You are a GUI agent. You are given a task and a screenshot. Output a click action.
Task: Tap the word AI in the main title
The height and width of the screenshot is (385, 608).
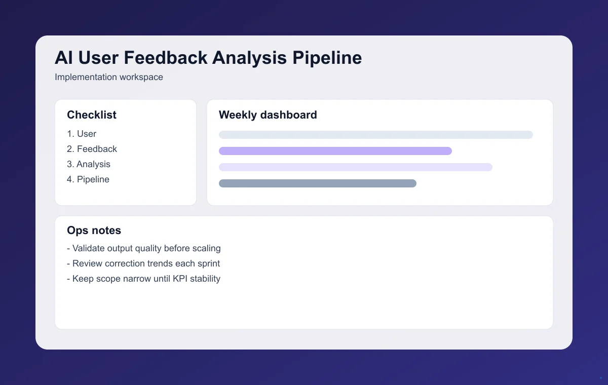point(63,58)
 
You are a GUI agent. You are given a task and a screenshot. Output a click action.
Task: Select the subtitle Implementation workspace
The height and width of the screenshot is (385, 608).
point(109,78)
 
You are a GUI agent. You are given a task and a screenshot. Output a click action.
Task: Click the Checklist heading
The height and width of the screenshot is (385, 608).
point(92,115)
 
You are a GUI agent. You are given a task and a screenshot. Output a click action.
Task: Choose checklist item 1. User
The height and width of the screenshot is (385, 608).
point(82,134)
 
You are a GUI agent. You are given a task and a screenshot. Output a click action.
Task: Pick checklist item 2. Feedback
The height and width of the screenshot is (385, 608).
point(92,149)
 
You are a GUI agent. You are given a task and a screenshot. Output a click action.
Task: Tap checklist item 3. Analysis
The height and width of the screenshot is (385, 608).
point(89,164)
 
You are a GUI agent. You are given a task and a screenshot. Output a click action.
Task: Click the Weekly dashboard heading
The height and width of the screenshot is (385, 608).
point(268,115)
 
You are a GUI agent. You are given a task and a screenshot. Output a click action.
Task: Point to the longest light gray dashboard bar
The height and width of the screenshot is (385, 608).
point(376,135)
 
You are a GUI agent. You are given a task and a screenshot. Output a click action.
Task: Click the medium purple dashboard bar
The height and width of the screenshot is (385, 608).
point(335,151)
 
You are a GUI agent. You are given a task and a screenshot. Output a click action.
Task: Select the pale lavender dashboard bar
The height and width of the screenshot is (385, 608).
point(355,167)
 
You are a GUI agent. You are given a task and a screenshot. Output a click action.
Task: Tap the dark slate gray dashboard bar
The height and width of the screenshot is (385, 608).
point(317,183)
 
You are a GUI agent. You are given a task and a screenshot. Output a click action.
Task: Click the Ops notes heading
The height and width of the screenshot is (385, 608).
point(94,230)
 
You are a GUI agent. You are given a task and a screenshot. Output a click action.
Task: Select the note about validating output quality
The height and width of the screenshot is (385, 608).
point(144,248)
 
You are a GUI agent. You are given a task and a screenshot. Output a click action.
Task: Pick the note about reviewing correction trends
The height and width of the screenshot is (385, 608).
point(143,263)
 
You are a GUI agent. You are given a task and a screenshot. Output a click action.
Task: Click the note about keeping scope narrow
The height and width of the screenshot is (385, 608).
point(144,279)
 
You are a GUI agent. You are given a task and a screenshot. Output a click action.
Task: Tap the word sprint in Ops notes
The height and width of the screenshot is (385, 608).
point(208,264)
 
